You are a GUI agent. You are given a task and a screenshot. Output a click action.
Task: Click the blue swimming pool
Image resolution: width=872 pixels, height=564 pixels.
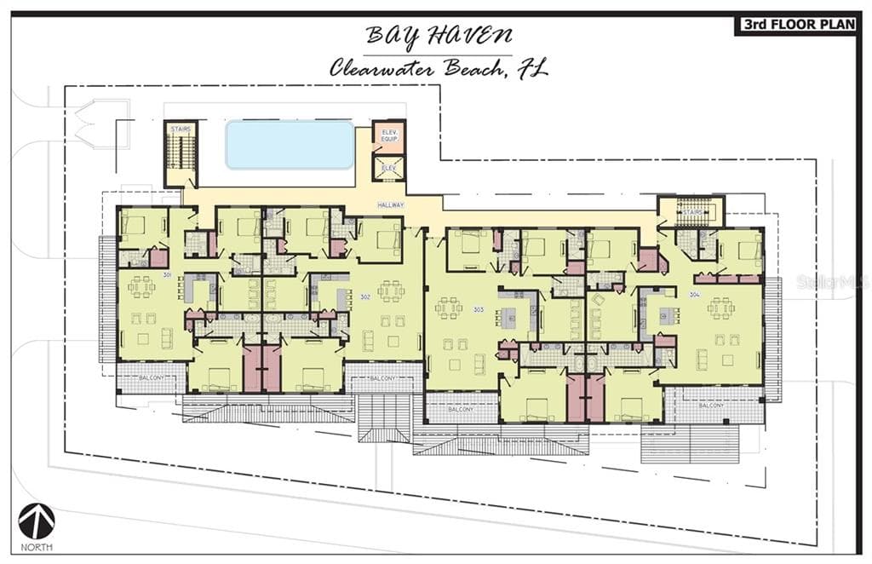click(290, 145)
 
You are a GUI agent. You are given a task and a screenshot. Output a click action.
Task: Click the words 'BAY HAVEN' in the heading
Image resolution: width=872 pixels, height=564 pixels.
click(439, 36)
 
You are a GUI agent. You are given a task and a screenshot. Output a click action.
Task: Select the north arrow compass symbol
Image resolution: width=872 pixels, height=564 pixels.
click(37, 521)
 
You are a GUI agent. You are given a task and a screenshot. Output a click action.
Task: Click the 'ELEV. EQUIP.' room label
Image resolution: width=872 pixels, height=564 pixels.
click(388, 137)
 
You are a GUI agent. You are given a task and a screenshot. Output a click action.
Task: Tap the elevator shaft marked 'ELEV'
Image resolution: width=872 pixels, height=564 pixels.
click(388, 168)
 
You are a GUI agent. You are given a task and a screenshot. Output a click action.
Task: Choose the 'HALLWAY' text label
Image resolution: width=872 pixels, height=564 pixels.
click(391, 205)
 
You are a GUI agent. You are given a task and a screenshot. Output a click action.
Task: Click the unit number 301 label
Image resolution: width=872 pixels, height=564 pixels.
click(168, 275)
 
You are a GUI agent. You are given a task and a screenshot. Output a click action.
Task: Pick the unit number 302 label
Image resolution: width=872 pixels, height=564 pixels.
click(364, 296)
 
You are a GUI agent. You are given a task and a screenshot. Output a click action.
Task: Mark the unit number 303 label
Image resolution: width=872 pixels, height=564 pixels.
click(478, 309)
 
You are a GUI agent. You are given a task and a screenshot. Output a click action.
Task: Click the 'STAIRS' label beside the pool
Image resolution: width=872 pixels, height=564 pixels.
click(180, 129)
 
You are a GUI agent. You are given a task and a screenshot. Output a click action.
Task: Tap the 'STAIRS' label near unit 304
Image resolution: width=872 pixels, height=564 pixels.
click(691, 211)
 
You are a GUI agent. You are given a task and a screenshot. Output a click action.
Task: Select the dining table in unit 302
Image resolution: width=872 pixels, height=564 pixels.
click(391, 291)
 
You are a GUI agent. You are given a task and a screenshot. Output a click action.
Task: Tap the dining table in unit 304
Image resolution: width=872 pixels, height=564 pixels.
click(720, 308)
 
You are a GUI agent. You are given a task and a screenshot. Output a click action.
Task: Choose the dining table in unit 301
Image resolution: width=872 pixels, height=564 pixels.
click(141, 287)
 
